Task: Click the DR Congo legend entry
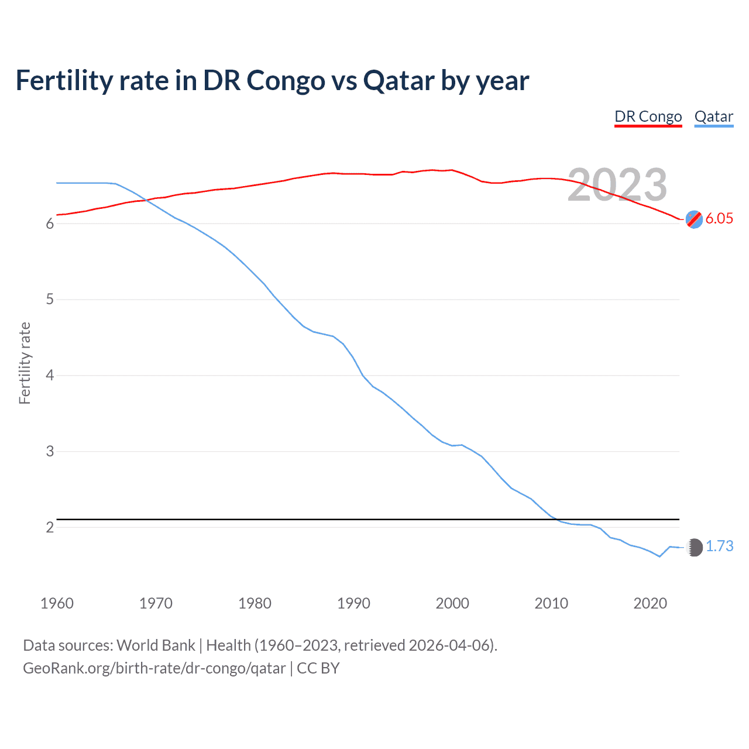tap(648, 116)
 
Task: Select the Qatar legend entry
tap(713, 116)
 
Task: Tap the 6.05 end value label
tap(719, 218)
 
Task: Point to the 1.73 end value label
tap(719, 546)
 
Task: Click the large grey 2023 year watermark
tap(617, 185)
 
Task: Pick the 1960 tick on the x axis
tap(57, 603)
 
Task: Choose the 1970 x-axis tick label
tap(156, 603)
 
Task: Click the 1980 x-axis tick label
tap(255, 603)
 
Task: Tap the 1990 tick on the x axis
tap(353, 603)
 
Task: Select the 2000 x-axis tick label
tap(452, 603)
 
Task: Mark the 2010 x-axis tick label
tap(551, 603)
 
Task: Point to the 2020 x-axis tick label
tap(650, 603)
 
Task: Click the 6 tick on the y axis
tap(50, 224)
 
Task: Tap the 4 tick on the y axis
tap(50, 375)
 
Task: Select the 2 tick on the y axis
tap(50, 527)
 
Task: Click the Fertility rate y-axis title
tap(25, 363)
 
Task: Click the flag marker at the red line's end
tap(694, 219)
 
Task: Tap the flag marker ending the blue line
tap(694, 547)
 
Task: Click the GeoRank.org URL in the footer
tap(154, 668)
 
